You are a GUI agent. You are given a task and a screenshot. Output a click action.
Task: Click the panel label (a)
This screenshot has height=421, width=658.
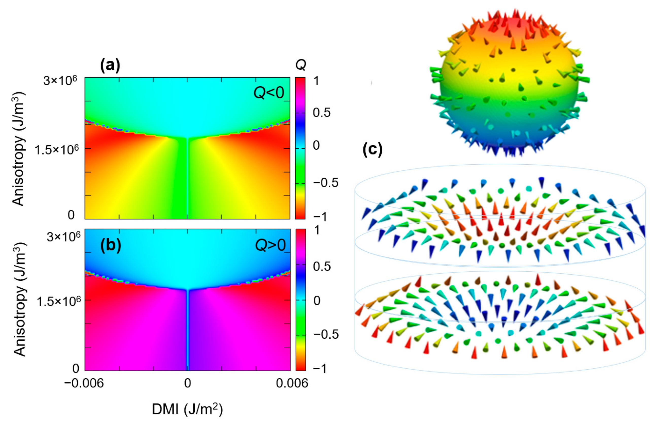coord(110,66)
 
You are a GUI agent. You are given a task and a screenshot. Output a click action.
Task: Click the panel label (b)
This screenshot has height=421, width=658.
coord(110,245)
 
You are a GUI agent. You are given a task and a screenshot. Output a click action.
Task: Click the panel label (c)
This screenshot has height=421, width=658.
coord(373,150)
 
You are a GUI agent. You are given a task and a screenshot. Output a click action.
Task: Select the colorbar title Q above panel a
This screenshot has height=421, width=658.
coord(301,65)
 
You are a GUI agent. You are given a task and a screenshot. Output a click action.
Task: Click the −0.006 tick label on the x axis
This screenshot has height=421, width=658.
coord(84,383)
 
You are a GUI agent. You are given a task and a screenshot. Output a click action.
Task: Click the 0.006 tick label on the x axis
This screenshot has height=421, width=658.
coord(292,383)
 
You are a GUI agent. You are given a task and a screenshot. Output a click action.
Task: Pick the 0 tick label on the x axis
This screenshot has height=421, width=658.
coord(188,383)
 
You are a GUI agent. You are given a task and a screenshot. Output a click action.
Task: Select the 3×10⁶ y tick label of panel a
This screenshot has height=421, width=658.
coord(60,81)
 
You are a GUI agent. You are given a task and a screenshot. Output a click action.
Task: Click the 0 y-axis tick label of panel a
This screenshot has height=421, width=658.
coord(71,215)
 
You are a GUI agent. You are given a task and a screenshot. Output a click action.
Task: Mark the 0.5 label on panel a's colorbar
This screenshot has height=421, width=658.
coord(322,113)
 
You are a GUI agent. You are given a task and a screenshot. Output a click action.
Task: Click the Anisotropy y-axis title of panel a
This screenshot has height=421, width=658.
coord(19,149)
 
